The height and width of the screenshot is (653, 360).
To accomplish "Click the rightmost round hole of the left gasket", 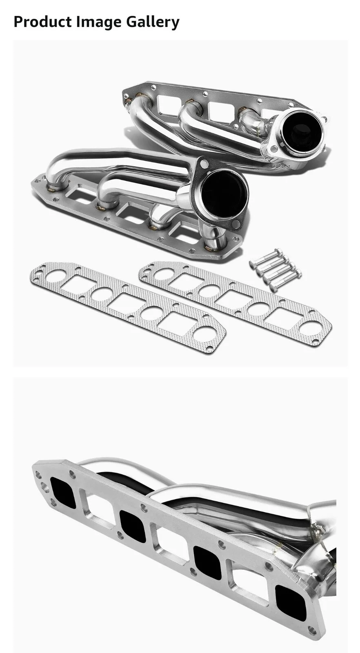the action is (204, 334).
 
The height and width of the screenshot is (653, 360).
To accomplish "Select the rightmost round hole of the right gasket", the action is (310, 328).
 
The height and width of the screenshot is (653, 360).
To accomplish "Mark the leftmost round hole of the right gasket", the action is (165, 274).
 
